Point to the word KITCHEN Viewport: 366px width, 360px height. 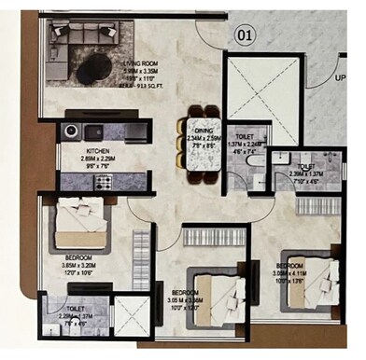(100, 150)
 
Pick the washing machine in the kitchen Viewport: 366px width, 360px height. (72, 132)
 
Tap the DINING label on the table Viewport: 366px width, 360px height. (204, 132)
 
